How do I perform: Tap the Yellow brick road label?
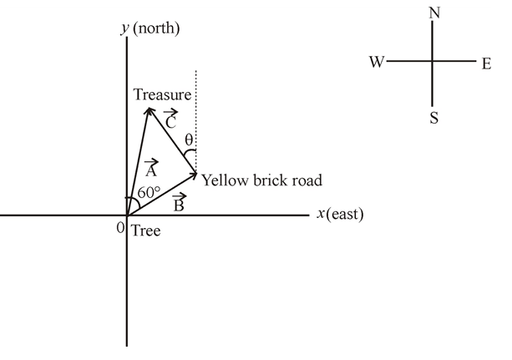pyautogui.click(x=261, y=180)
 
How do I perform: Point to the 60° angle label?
pyautogui.click(x=150, y=191)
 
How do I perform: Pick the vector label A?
pyautogui.click(x=150, y=169)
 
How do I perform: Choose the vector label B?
pyautogui.click(x=178, y=203)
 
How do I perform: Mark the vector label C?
pyautogui.click(x=170, y=119)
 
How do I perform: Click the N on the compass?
pyautogui.click(x=433, y=13)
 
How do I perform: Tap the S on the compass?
pyautogui.click(x=433, y=118)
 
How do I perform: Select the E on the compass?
pyautogui.click(x=486, y=63)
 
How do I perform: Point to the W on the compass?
pyautogui.click(x=376, y=63)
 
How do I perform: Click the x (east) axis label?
pyautogui.click(x=340, y=214)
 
